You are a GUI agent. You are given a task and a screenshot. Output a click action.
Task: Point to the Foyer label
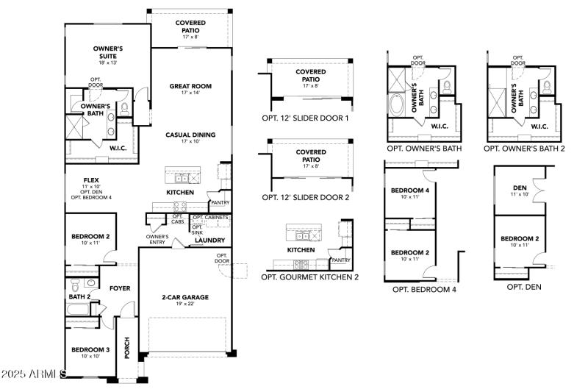click(x=120, y=288)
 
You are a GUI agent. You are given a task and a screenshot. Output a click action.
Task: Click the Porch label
click(x=126, y=349)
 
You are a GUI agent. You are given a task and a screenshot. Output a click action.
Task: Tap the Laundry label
click(x=210, y=240)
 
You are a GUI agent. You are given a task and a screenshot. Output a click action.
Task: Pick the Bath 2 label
click(x=79, y=296)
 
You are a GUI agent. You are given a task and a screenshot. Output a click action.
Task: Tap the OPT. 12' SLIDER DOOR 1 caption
click(x=305, y=118)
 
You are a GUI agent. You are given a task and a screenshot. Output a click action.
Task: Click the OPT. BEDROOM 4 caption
click(x=424, y=289)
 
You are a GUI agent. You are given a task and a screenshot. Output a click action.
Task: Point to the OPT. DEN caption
click(x=524, y=286)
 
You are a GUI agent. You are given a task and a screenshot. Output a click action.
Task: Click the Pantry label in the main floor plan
click(x=219, y=202)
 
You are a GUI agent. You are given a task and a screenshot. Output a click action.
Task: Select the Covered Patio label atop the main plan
click(x=190, y=26)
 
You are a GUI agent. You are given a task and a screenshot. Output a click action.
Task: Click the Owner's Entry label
click(x=157, y=240)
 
